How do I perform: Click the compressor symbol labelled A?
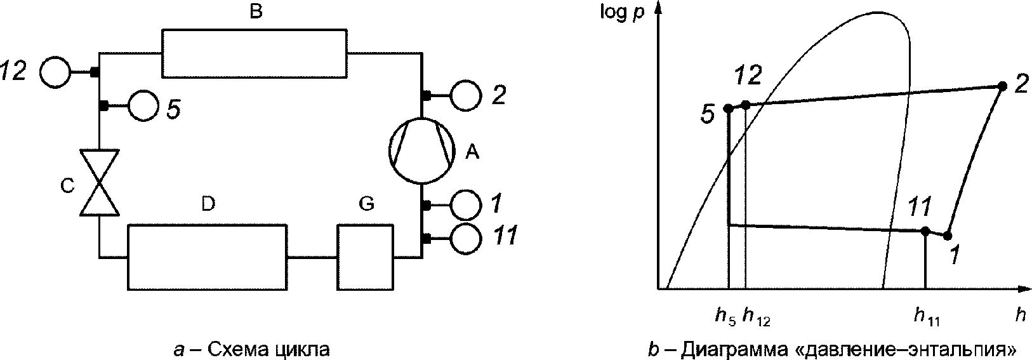pyautogui.click(x=421, y=151)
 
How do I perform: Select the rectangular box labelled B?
pyautogui.click(x=255, y=53)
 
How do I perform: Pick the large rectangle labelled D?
pyautogui.click(x=207, y=257)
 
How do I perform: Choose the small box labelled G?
pyautogui.click(x=365, y=257)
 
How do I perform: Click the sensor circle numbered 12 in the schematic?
pyautogui.click(x=56, y=72)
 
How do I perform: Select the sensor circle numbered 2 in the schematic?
pyautogui.click(x=466, y=96)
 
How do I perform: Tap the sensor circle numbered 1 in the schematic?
pyautogui.click(x=466, y=205)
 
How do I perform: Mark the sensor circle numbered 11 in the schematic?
pyautogui.click(x=466, y=238)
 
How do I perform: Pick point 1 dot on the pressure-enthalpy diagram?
pyautogui.click(x=948, y=236)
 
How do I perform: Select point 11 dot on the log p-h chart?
pyautogui.click(x=925, y=232)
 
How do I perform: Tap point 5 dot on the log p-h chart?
pyautogui.click(x=729, y=109)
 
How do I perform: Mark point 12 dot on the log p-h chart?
pyautogui.click(x=746, y=105)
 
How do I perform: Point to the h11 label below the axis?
pyautogui.click(x=927, y=316)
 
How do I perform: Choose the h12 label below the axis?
pyautogui.click(x=757, y=316)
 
